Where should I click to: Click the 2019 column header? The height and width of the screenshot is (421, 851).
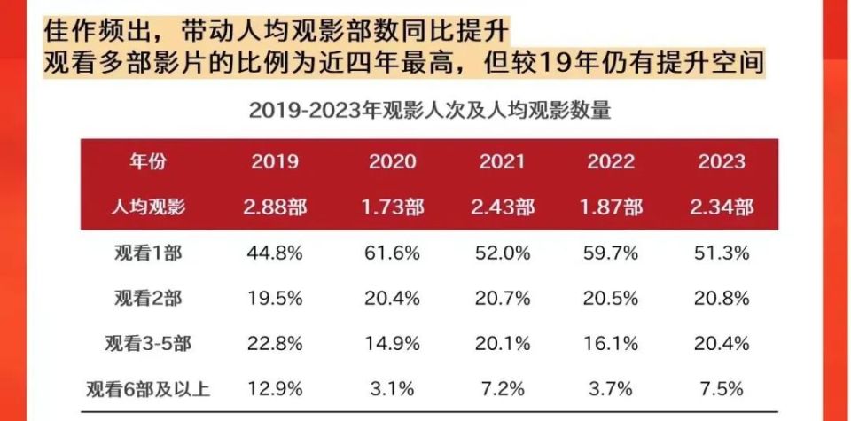[275, 162]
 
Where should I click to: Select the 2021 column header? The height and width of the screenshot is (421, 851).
[502, 162]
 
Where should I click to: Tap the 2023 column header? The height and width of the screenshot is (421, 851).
[722, 162]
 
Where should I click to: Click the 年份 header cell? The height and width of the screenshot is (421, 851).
[148, 162]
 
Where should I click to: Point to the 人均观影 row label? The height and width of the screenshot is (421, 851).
[148, 207]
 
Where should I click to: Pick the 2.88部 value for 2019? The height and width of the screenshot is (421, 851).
[275, 207]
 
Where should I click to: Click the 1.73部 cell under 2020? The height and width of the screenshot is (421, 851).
[392, 207]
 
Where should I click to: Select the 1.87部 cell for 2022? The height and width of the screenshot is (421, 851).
[611, 207]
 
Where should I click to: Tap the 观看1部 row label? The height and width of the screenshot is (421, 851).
[148, 253]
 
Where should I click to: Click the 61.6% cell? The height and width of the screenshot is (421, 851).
[392, 253]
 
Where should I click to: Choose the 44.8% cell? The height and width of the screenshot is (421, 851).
[275, 253]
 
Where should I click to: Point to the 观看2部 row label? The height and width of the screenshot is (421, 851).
[148, 299]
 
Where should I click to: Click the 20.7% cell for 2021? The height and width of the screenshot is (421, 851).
[502, 299]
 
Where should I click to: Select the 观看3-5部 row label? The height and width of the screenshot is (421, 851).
[148, 344]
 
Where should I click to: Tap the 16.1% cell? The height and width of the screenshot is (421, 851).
[611, 344]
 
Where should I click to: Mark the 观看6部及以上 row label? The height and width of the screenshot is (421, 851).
[148, 389]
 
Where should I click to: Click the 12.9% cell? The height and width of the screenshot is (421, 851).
[275, 389]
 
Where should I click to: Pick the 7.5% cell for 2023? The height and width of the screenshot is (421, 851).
[722, 389]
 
